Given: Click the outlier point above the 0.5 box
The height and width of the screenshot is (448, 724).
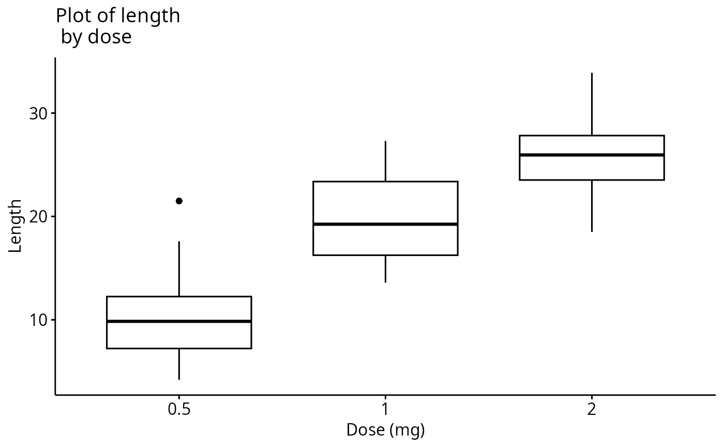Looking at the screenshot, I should pyautogui.click(x=179, y=201).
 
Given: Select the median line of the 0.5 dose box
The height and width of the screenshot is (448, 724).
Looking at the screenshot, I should pyautogui.click(x=179, y=321).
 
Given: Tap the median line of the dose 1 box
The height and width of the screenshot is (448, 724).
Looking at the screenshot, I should pyautogui.click(x=385, y=224).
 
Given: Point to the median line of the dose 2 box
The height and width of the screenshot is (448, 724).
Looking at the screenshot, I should pyautogui.click(x=592, y=155).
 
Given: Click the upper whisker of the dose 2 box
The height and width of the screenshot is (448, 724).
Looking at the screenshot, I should pyautogui.click(x=592, y=104).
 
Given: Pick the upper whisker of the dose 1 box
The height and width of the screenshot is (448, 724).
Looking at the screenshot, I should pyautogui.click(x=385, y=161).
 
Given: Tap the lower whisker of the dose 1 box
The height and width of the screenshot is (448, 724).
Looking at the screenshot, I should pyautogui.click(x=385, y=268).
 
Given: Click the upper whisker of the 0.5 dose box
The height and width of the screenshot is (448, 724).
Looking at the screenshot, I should pyautogui.click(x=179, y=268).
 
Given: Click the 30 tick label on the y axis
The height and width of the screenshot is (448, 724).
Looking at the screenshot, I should pyautogui.click(x=37, y=113).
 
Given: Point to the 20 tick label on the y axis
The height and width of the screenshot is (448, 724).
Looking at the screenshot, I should pyautogui.click(x=37, y=216).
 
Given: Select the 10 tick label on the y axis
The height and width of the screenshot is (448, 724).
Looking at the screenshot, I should pyautogui.click(x=37, y=320).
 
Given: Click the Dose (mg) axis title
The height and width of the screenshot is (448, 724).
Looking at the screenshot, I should pyautogui.click(x=385, y=430).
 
